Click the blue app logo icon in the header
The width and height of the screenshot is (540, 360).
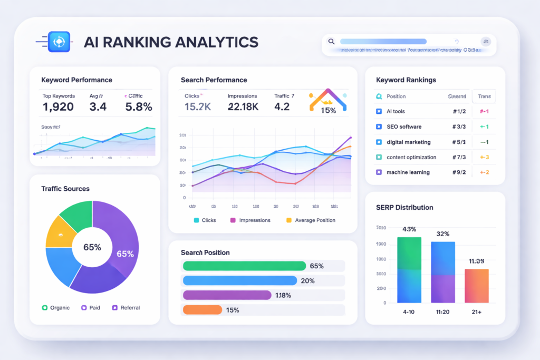coord(59,42)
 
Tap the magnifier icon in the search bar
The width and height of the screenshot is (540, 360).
coord(331,41)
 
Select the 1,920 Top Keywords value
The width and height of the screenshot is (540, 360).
coord(57,107)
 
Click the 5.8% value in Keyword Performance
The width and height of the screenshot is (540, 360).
coord(139,107)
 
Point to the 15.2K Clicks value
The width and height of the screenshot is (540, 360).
coord(198,107)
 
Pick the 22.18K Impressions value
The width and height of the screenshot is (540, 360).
coord(243,107)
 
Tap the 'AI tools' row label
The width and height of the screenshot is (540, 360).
coord(396,112)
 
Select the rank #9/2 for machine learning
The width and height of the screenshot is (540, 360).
coord(459,172)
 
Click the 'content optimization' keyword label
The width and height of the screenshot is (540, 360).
coord(411,157)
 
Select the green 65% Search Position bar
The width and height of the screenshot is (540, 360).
coord(244,266)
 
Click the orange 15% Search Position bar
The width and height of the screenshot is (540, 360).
coord(202,310)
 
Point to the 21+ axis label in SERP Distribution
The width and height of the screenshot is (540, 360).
coord(476,312)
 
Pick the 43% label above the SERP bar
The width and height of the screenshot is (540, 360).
coord(409,229)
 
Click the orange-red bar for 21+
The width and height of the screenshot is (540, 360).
coord(476,286)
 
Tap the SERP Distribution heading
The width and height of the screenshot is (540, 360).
coord(404,207)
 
